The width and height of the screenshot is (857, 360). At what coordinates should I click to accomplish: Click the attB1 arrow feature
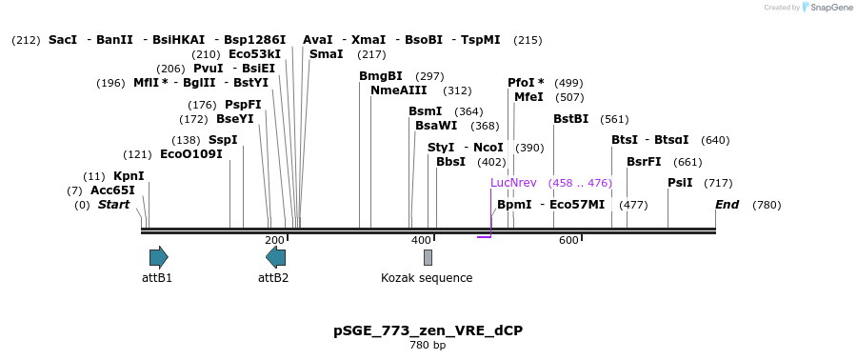(x=158, y=256)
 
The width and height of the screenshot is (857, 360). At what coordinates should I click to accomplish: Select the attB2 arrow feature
(x=275, y=256)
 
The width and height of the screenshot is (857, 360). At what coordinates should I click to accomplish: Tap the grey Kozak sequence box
(x=428, y=257)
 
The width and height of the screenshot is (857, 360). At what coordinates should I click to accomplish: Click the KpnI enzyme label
(x=129, y=176)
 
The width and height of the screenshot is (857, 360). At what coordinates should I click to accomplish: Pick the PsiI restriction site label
(x=680, y=182)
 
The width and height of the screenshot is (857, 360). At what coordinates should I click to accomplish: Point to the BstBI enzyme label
(x=570, y=119)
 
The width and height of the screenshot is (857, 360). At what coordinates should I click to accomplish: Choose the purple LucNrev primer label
(x=513, y=182)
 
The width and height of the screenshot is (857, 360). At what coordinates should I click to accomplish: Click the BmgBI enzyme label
(x=381, y=76)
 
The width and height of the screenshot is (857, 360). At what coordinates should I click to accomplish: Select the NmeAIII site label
(x=394, y=90)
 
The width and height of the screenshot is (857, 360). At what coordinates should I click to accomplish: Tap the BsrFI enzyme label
(x=644, y=161)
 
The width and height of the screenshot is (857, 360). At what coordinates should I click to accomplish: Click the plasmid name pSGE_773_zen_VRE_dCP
(x=428, y=330)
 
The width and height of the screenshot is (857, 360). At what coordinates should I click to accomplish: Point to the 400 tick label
(x=421, y=240)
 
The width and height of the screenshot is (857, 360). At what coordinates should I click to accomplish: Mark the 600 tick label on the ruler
(x=568, y=240)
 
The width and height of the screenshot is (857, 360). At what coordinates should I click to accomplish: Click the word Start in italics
(x=113, y=205)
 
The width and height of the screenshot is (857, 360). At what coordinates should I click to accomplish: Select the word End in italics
(x=727, y=205)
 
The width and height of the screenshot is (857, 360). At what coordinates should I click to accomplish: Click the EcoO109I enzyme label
(x=190, y=154)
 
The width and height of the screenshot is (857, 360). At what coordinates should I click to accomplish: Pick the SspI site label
(x=223, y=140)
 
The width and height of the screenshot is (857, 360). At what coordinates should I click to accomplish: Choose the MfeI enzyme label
(x=528, y=97)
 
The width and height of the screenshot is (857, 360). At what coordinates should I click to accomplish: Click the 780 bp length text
(x=428, y=345)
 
